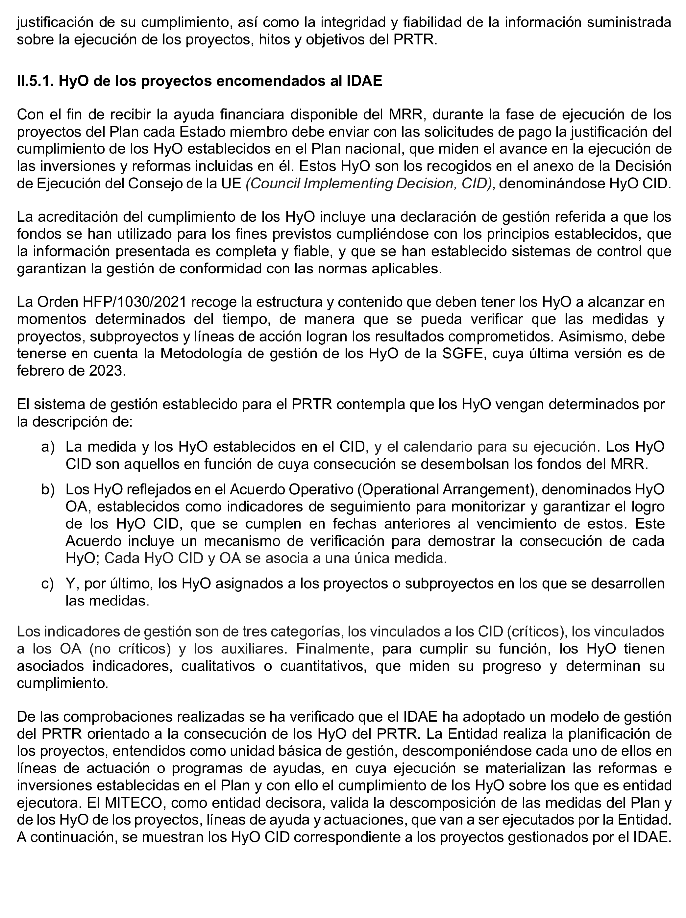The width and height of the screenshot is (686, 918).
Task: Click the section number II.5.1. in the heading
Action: [x=35, y=81]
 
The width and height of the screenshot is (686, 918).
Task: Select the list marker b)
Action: [x=48, y=489]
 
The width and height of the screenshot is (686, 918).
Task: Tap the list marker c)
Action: [x=47, y=583]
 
